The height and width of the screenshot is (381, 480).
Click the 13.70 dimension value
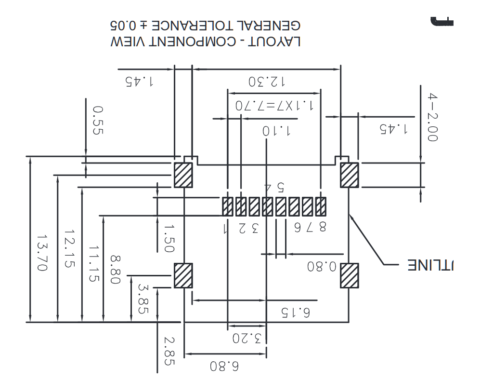point(42,253)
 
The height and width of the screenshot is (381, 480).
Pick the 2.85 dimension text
point(168,352)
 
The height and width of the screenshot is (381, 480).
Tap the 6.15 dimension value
point(293,312)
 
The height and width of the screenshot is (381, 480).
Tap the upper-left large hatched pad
point(183,175)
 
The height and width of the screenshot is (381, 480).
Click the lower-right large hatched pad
point(349,276)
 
